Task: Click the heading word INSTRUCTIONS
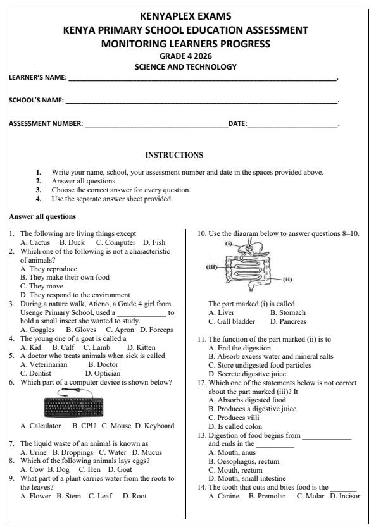coord(174,155)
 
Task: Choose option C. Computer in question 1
coord(116,242)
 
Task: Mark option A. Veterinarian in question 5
coord(44,364)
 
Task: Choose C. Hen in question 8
coord(89,469)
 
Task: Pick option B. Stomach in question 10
coord(287,312)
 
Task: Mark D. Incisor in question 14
coord(345,496)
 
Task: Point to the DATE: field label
coord(237,123)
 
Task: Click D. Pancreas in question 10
coord(288,321)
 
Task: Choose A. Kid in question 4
coord(30,347)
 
